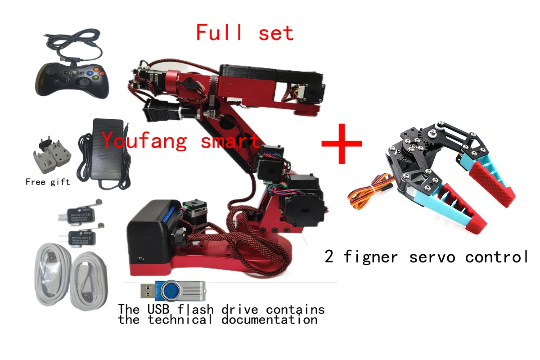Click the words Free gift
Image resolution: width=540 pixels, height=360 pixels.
tap(48, 182)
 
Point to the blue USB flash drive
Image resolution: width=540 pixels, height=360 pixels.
tap(173, 291)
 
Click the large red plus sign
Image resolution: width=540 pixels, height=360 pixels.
tap(342, 144)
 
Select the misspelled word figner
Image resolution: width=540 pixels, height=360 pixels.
tap(370, 257)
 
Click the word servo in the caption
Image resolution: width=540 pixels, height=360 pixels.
tap(434, 257)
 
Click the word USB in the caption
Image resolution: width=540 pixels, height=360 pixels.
tap(157, 310)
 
